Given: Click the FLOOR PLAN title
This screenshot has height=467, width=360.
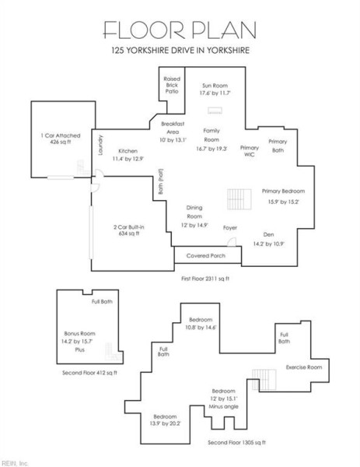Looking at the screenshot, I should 180,29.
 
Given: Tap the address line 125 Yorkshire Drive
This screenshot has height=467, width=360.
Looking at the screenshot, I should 180,52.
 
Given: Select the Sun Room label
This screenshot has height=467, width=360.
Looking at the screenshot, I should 215,90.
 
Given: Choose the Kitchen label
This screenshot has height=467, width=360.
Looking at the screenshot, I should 128,155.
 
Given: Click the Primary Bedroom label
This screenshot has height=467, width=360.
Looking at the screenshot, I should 282,195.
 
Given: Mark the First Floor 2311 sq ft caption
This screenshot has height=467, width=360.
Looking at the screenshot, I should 205,278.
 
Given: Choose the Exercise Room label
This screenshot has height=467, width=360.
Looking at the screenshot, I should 303,366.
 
